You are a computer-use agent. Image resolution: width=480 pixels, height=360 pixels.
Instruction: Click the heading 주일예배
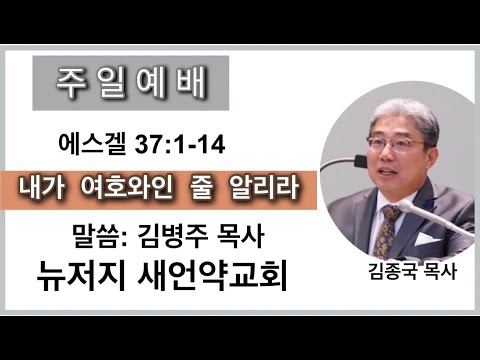131,84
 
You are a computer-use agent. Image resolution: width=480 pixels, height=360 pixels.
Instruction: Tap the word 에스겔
92,145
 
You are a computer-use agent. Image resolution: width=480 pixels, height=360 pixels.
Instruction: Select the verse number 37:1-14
180,145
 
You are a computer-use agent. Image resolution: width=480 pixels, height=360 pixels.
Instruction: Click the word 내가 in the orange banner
42,188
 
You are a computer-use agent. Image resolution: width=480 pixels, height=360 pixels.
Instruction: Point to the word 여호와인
126,188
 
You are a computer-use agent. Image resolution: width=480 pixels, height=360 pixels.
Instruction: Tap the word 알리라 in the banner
265,188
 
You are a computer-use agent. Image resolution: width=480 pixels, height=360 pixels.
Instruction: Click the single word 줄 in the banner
201,188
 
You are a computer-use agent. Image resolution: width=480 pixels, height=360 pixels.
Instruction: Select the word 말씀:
100,236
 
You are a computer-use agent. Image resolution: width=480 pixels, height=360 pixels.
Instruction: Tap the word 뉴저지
81,276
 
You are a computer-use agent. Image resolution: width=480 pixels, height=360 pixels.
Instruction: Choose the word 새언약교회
212,276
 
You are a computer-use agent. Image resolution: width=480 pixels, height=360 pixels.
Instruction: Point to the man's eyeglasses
396,145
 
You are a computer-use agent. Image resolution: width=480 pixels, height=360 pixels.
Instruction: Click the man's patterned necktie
386,231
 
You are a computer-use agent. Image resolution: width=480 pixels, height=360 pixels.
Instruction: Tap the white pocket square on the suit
427,238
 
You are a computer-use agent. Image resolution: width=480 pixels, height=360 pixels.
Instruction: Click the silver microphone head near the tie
407,206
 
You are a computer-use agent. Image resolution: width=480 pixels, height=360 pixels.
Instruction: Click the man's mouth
389,173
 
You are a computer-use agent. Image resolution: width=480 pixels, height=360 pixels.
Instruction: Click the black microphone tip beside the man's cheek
361,161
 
